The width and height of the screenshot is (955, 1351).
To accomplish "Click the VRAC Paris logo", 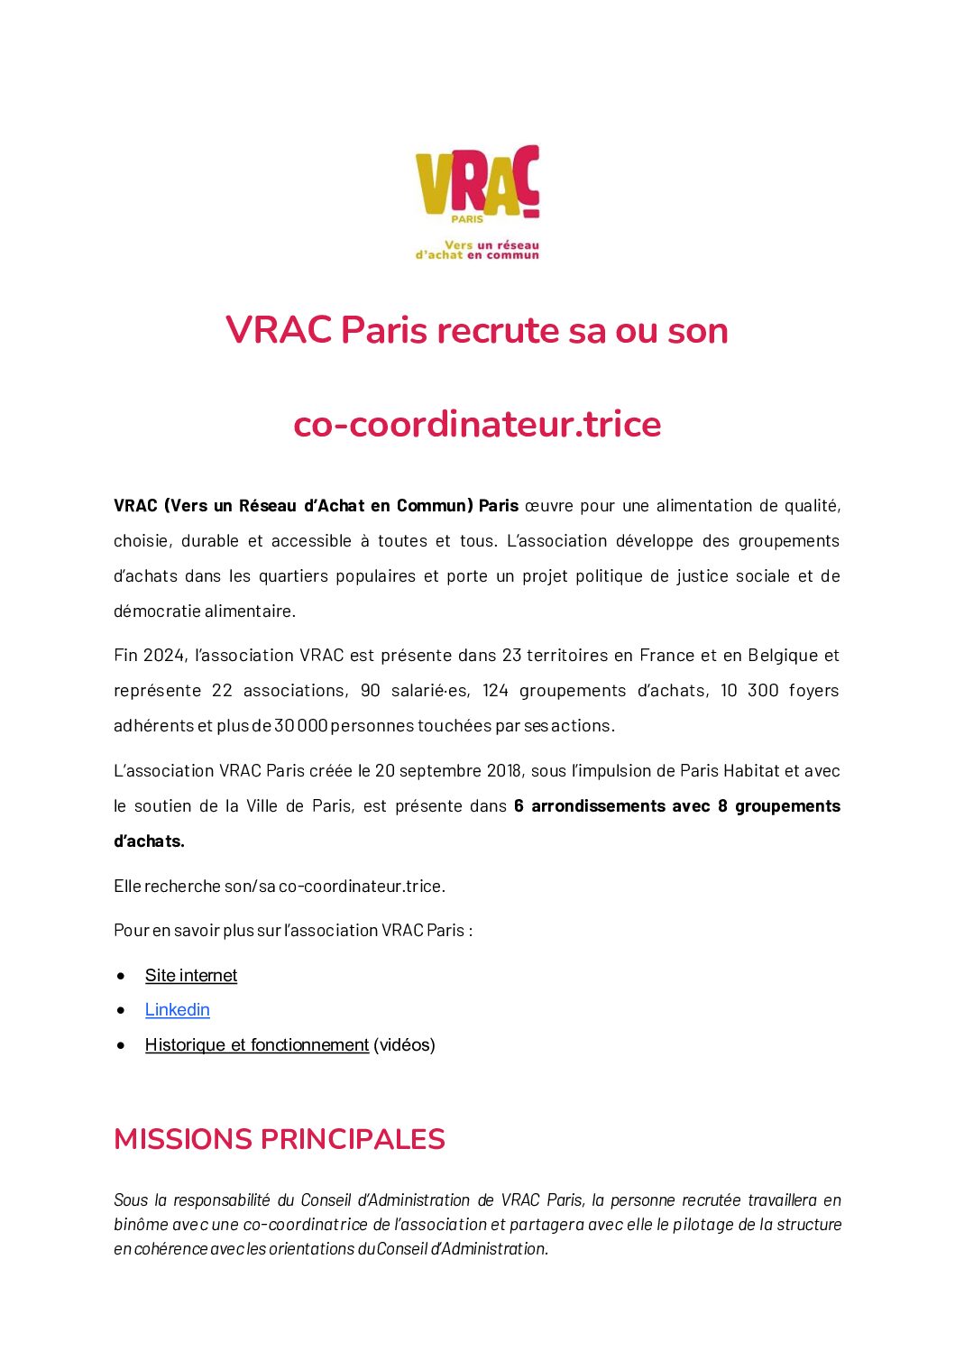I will coord(477,185).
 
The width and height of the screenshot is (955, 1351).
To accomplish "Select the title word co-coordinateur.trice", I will coord(477,425).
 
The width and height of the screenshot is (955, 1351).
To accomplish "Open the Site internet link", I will coord(191,976).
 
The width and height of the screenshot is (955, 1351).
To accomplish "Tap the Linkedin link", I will coord(177,1010).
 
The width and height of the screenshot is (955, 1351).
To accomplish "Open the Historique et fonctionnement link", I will coord(257,1045).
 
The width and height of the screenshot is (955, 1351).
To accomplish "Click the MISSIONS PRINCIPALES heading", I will coord(280,1139).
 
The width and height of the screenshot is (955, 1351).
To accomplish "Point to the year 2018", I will coord(504,771).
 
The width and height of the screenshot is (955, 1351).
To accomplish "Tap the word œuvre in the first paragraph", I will coord(548,506).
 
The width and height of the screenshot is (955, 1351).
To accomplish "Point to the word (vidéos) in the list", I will coord(404,1045).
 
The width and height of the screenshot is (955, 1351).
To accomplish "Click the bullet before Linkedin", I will coord(121,1011).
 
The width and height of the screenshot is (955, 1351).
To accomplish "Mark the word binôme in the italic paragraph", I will coord(141,1225).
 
